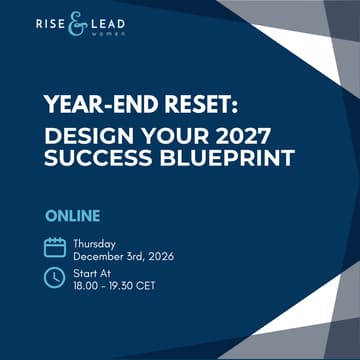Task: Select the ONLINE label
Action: (71, 216)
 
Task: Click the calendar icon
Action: (55, 247)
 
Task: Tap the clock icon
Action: (55, 279)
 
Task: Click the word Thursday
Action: (95, 241)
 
